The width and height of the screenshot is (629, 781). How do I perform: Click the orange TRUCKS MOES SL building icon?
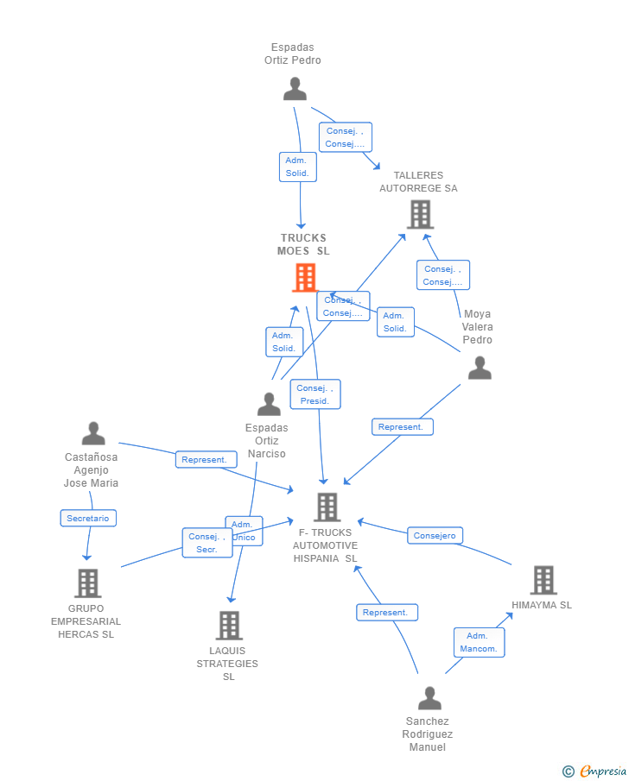click(x=305, y=278)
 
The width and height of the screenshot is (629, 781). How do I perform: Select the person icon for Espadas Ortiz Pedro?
click(x=295, y=89)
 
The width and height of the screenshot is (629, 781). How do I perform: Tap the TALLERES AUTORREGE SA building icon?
click(x=420, y=214)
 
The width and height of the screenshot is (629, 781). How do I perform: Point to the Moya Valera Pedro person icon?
click(x=480, y=368)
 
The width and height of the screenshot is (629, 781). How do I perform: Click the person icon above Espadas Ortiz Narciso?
click(x=269, y=404)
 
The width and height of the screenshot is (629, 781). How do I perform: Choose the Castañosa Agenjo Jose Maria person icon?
click(x=93, y=434)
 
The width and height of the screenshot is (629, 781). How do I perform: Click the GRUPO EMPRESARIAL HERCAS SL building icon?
click(x=87, y=583)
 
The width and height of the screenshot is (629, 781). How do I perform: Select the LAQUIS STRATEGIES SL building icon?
click(x=229, y=625)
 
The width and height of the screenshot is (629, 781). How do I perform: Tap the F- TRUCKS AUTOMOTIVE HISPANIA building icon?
click(x=327, y=507)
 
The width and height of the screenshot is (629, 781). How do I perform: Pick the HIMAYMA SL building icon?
click(x=543, y=580)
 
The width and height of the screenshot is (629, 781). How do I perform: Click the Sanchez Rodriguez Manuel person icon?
click(x=429, y=698)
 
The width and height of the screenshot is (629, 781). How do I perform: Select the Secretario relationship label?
click(x=88, y=518)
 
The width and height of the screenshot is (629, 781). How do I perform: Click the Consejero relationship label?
click(x=435, y=536)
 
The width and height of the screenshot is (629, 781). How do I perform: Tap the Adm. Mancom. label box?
click(x=479, y=642)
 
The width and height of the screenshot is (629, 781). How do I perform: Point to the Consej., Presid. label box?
click(x=315, y=394)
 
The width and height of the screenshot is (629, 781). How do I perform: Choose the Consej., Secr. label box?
click(x=206, y=543)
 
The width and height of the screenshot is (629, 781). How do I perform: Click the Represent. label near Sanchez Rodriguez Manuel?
click(x=386, y=612)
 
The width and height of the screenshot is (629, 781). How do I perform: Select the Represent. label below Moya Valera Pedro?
click(x=402, y=426)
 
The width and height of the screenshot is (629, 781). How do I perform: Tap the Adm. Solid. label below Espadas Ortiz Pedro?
click(x=298, y=167)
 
